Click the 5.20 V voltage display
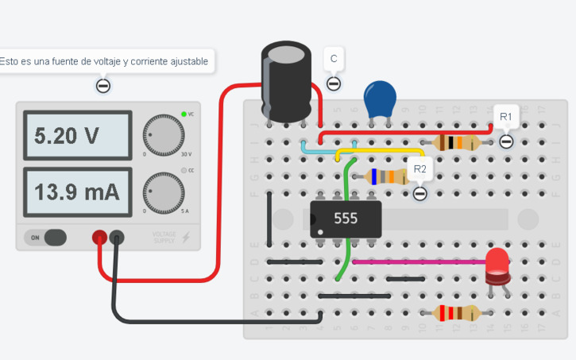(x=77, y=136)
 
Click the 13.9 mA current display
(x=77, y=192)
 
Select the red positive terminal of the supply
(x=100, y=236)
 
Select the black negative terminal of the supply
(x=117, y=236)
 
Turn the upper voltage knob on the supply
(x=163, y=134)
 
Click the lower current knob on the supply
(x=163, y=193)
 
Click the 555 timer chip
(x=346, y=218)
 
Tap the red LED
(x=498, y=265)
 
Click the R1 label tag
(x=506, y=117)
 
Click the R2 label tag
(x=419, y=169)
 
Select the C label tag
(x=334, y=59)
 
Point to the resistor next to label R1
(x=456, y=143)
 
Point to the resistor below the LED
(x=456, y=312)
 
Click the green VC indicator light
(x=184, y=114)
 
